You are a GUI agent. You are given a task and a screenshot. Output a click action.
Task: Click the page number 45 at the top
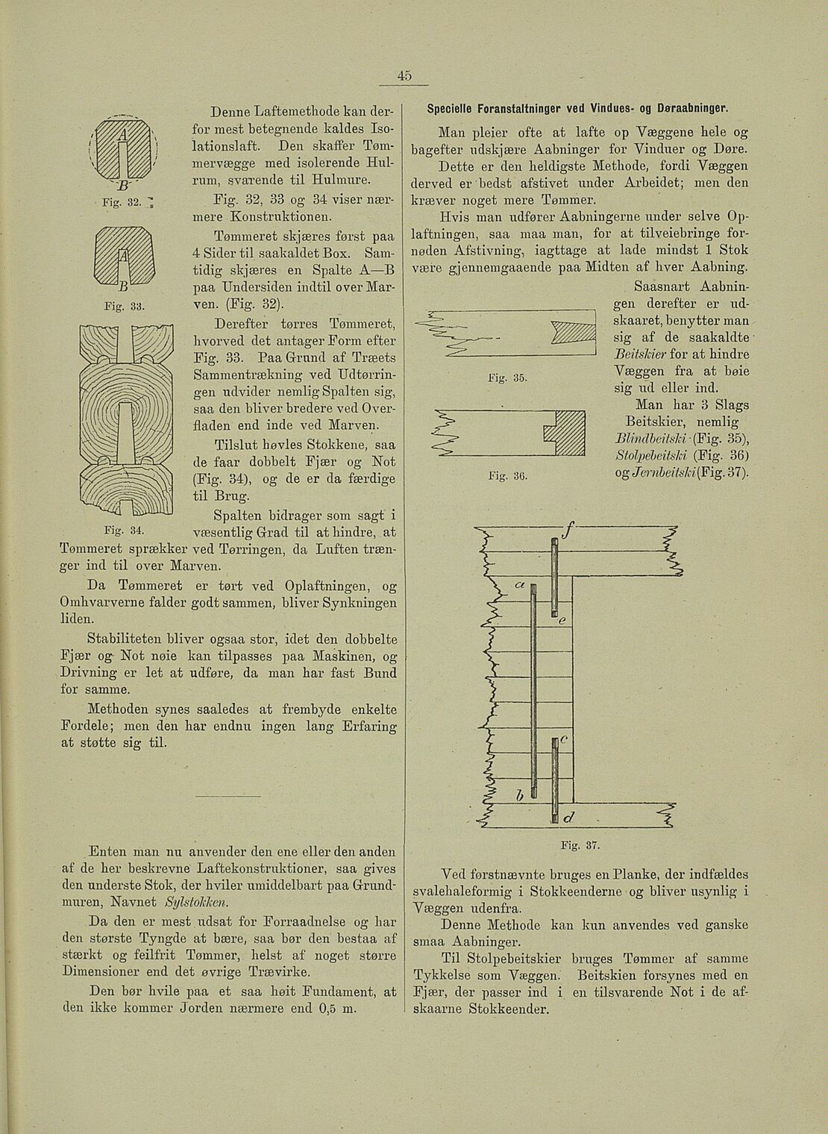[404, 76]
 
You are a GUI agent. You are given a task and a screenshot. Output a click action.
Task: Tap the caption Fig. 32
[112, 202]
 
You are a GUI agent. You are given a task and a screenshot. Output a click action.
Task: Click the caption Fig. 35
[514, 378]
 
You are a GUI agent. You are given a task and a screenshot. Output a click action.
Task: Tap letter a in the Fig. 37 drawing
[519, 584]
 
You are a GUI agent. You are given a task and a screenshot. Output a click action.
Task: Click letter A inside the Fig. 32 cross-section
[122, 135]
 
